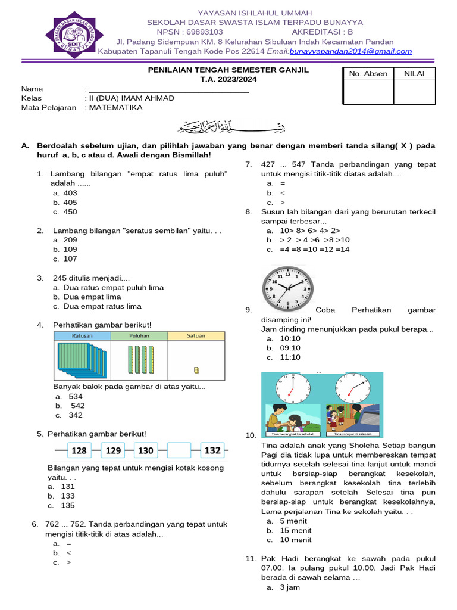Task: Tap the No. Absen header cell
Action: [368, 74]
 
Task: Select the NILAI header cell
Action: [414, 74]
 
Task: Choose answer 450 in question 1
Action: [70, 212]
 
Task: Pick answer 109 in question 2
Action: [70, 250]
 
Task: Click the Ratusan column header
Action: [82, 336]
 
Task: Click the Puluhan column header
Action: [139, 336]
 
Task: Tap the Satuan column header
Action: [196, 336]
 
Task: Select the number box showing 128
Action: [79, 451]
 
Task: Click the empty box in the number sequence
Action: [179, 451]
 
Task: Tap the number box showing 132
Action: [212, 451]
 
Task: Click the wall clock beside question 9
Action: [287, 289]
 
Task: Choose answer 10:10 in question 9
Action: [290, 338]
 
